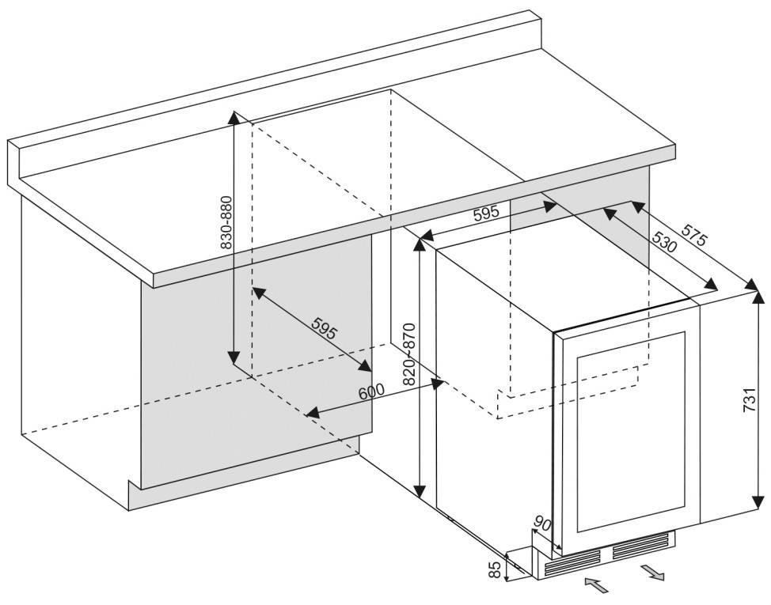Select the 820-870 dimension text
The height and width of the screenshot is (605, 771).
408,354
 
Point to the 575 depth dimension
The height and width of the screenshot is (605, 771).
694,238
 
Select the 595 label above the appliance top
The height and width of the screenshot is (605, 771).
486,213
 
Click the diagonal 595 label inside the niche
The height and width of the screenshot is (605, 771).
324,327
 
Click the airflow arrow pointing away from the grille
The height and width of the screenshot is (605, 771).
654,572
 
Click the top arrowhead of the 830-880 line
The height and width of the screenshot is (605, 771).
233,116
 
